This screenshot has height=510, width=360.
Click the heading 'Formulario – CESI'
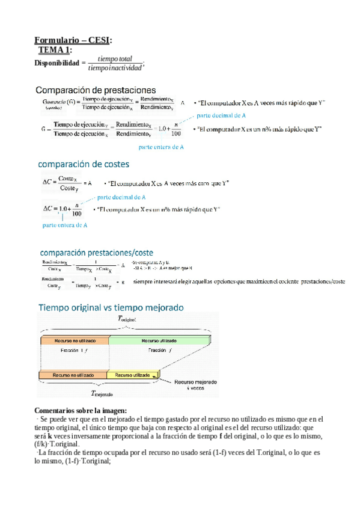click(x=73, y=40)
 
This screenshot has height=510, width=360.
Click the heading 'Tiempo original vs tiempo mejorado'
click(x=111, y=307)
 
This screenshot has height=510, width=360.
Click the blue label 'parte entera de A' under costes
click(x=65, y=226)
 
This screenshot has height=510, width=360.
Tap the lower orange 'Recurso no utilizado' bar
click(x=73, y=375)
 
